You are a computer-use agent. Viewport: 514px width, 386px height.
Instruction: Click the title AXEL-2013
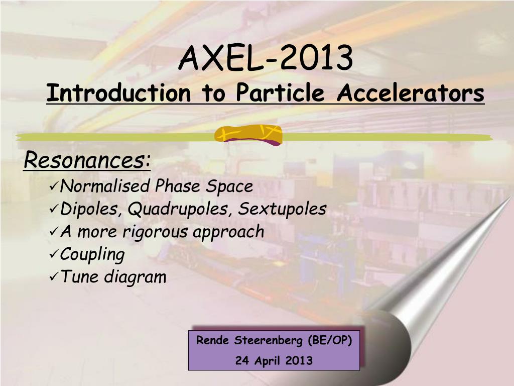(x=266, y=58)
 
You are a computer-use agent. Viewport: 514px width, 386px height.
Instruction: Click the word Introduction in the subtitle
(x=118, y=93)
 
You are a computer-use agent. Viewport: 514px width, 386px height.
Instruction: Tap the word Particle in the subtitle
(x=280, y=92)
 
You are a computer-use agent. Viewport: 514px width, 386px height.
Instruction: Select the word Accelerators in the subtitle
(x=411, y=93)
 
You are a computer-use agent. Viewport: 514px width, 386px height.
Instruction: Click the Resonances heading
(x=87, y=160)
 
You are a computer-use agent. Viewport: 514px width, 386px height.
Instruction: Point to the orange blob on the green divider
(x=248, y=135)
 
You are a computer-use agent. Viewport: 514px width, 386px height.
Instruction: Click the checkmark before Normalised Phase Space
(x=54, y=187)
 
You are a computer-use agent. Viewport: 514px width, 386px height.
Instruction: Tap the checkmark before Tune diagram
(x=54, y=277)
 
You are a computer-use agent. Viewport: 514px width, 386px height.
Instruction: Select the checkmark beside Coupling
(x=54, y=254)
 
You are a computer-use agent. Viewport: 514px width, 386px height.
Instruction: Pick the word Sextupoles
(x=282, y=209)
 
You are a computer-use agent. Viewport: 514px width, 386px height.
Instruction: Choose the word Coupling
(x=92, y=255)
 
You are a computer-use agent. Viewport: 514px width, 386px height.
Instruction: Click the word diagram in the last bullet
(x=135, y=277)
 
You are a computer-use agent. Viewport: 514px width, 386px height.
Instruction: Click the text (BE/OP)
(x=330, y=340)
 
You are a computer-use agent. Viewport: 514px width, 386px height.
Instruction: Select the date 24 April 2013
(x=274, y=361)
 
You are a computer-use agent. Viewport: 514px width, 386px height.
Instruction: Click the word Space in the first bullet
(x=229, y=187)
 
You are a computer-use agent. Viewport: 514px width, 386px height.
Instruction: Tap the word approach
(x=228, y=232)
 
